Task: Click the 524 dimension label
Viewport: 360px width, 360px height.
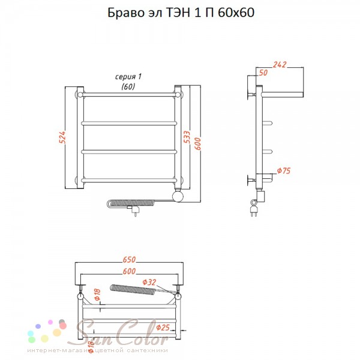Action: pyautogui.click(x=62, y=137)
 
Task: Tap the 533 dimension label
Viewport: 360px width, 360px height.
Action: pyautogui.click(x=187, y=137)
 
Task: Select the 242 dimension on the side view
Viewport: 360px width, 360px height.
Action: pyautogui.click(x=280, y=65)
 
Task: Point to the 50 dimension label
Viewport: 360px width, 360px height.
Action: pyautogui.click(x=263, y=73)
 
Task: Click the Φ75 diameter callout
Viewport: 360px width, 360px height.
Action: pyautogui.click(x=284, y=170)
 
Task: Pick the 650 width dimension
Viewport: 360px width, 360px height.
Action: pyautogui.click(x=129, y=259)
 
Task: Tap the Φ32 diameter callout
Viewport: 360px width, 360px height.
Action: pyautogui.click(x=149, y=282)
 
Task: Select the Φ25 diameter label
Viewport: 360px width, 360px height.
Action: pyautogui.click(x=163, y=328)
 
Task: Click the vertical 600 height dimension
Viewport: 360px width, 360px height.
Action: pyautogui.click(x=197, y=144)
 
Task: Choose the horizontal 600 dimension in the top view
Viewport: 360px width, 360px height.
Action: pyautogui.click(x=129, y=271)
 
